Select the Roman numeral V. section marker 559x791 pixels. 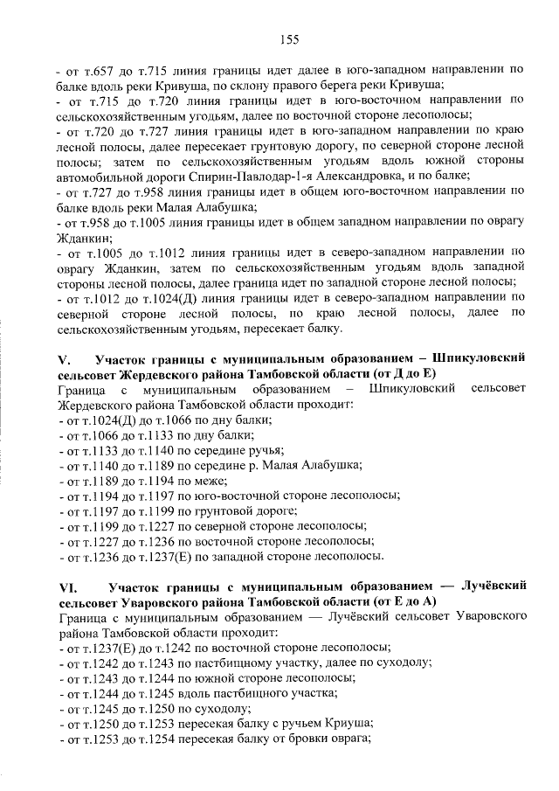(63, 360)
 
